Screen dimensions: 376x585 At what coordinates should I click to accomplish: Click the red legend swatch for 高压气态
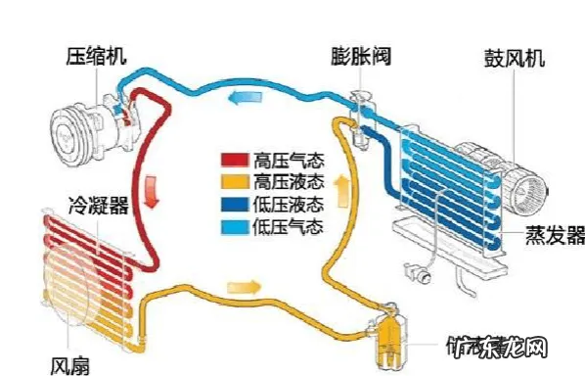click(235, 159)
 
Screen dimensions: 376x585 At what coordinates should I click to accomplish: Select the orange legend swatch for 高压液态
click(235, 182)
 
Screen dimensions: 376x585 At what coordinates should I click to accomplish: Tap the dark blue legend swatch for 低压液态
click(235, 205)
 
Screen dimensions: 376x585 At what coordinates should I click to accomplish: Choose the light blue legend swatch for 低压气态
click(235, 227)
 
